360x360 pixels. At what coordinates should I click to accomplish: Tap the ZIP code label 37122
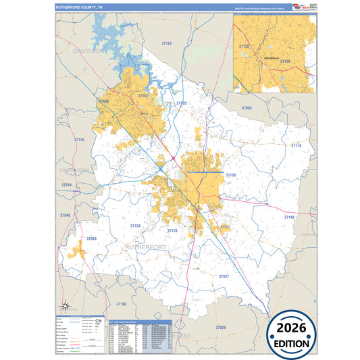166,43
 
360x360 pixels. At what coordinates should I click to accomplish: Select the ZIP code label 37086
103,101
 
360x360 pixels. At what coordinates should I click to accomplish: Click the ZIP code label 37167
143,96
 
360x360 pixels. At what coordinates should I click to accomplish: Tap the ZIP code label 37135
80,139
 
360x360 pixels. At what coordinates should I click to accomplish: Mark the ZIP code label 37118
296,145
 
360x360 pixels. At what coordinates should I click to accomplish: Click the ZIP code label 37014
66,184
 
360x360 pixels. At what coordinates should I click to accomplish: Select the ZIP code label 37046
65,215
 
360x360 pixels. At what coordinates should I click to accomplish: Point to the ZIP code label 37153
135,226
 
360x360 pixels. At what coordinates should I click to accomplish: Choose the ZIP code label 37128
172,230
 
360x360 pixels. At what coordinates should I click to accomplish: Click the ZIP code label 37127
225,226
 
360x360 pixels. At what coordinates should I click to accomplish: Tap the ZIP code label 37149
289,217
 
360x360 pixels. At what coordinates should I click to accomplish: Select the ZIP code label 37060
92,239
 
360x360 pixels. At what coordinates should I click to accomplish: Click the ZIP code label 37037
224,276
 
